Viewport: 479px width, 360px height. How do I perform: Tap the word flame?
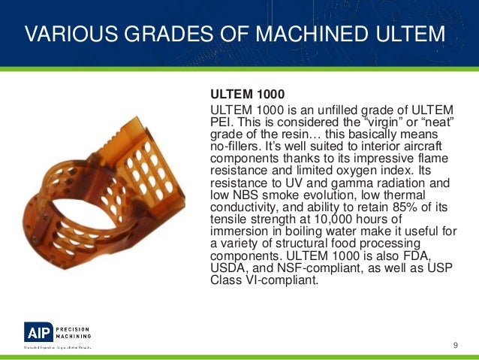(431, 159)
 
